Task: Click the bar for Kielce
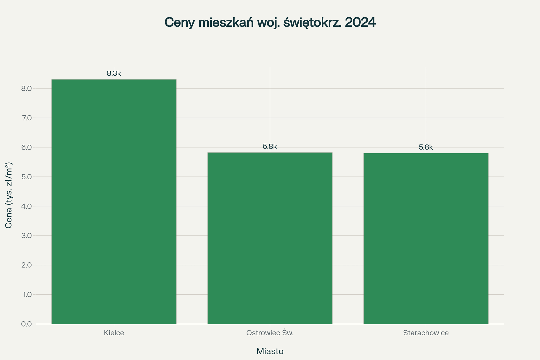[114, 202]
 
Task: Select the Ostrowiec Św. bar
[270, 238]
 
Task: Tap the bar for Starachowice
[426, 238]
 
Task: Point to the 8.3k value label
[114, 74]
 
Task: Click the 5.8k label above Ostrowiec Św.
[270, 147]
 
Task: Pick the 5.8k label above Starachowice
[426, 147]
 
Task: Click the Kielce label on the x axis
[114, 333]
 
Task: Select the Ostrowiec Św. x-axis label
[270, 333]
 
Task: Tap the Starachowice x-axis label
[426, 333]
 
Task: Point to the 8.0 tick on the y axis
[26, 88]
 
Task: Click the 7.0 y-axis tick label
[26, 118]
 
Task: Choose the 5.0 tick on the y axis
[26, 177]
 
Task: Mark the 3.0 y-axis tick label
[26, 236]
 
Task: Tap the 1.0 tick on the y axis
[26, 294]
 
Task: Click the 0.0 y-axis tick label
[26, 324]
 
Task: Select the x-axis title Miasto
[270, 351]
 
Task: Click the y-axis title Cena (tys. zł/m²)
[9, 195]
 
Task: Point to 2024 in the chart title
[360, 22]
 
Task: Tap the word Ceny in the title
[180, 22]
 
